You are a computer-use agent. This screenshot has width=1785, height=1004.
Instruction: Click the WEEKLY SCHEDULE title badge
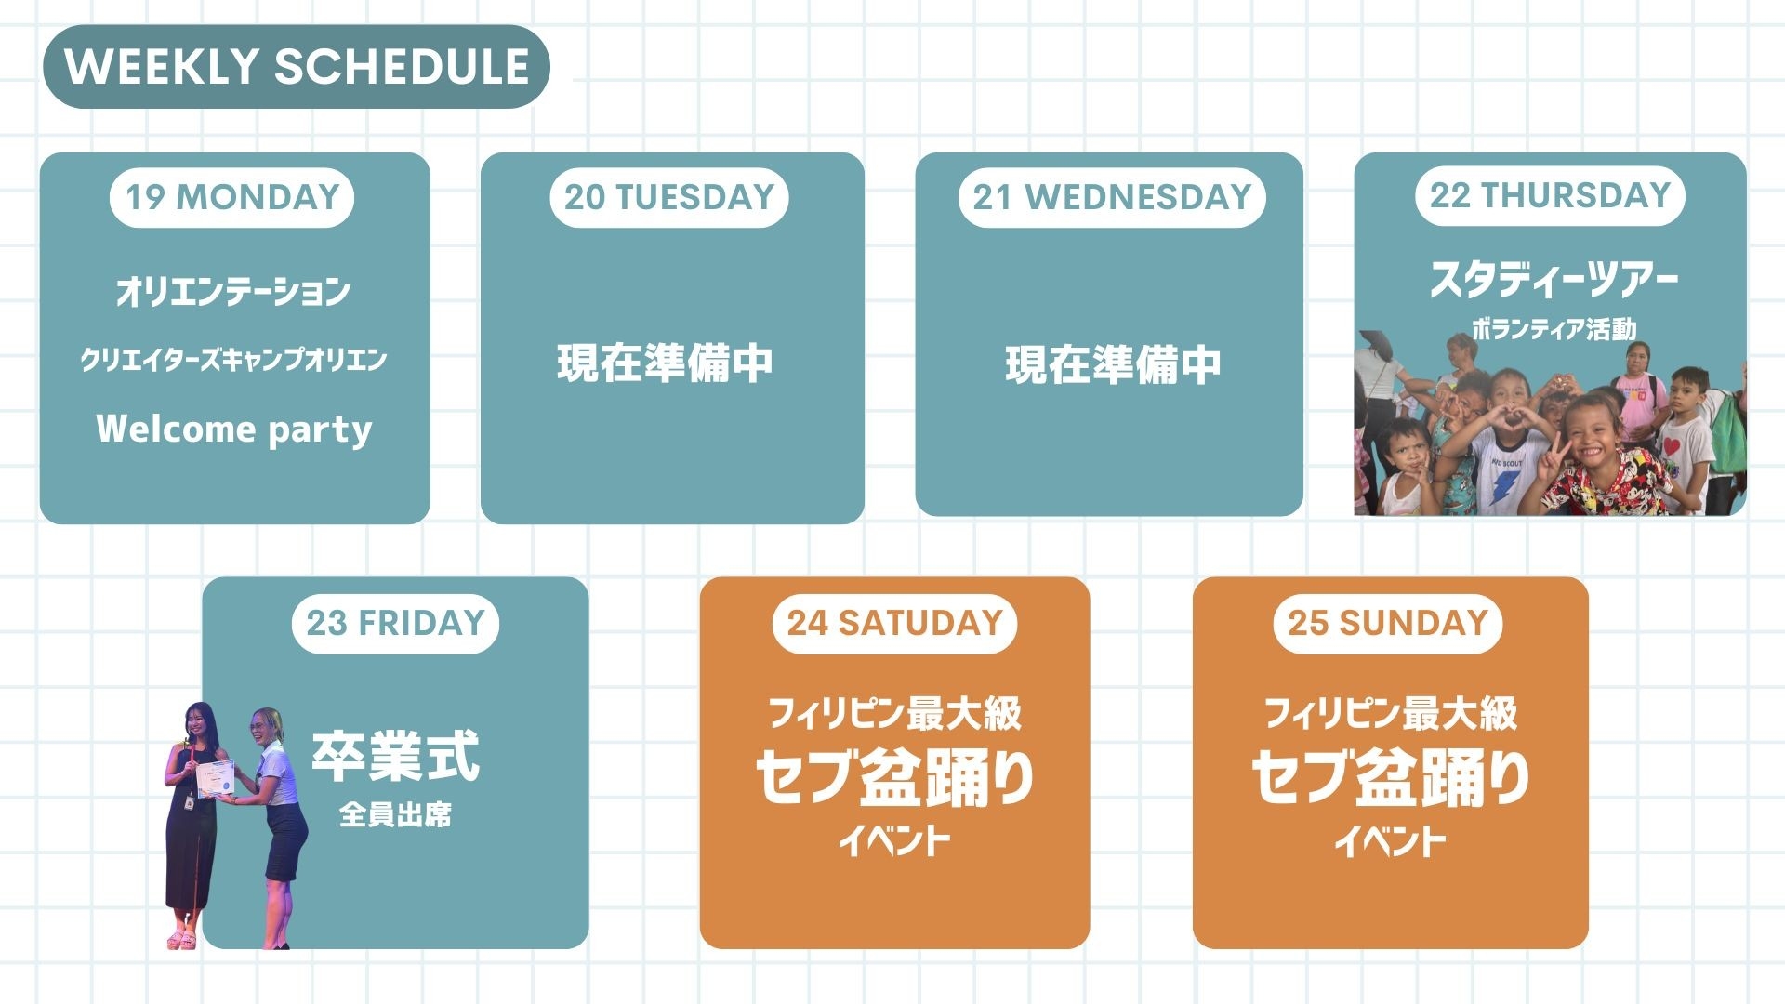pos(297,67)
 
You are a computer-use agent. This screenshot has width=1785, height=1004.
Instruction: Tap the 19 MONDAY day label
pos(232,197)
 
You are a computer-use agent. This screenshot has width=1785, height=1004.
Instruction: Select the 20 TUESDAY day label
pos(669,197)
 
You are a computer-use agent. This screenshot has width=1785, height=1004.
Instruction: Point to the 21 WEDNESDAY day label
pos(1112,197)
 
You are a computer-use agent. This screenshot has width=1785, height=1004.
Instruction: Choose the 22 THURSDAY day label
pos(1550,195)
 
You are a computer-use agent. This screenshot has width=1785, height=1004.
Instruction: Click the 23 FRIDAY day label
pos(396,623)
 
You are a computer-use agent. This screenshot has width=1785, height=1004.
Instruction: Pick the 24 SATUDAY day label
pos(894,623)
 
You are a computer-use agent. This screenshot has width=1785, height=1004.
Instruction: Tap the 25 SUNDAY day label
pos(1388,623)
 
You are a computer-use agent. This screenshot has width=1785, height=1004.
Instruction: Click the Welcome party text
pos(234,429)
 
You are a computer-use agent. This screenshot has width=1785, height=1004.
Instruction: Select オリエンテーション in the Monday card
pos(233,292)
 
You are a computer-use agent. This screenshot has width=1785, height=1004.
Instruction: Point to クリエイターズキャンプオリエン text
pos(233,360)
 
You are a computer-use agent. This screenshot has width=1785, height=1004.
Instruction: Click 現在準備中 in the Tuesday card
pos(666,363)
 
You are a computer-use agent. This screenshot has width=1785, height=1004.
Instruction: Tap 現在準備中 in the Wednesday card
pos(1113,365)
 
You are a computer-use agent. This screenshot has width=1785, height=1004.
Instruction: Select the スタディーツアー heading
pos(1554,280)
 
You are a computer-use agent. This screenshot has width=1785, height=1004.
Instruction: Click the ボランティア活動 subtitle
pos(1554,329)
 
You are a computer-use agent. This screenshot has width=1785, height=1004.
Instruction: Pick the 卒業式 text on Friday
pos(396,756)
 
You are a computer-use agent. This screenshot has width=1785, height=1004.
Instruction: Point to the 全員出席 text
pos(396,815)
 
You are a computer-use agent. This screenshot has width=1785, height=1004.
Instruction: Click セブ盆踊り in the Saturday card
pos(894,777)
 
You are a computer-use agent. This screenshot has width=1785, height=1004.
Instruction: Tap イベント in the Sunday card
pos(1390,841)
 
